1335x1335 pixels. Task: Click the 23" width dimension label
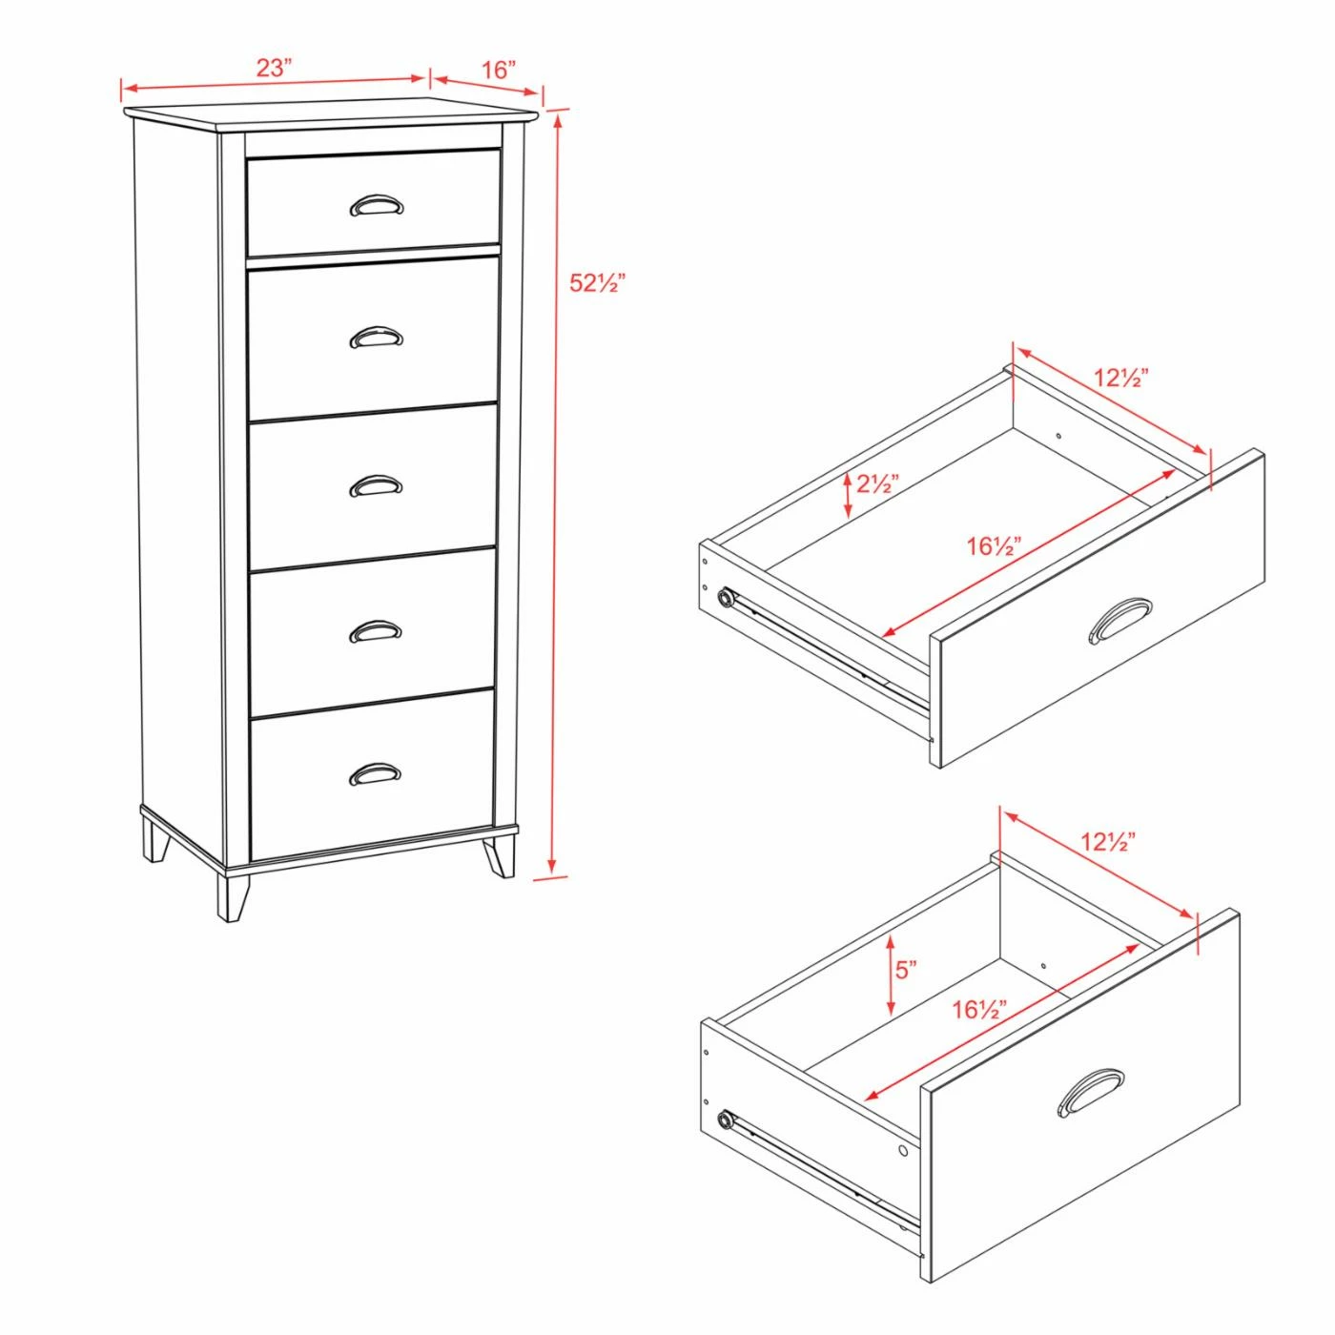click(275, 68)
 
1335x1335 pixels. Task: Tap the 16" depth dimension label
click(499, 70)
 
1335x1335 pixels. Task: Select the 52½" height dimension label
click(597, 282)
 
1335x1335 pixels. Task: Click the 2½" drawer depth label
click(877, 483)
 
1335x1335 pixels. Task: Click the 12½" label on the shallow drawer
click(1121, 378)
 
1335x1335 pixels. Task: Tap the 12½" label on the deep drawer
click(1108, 841)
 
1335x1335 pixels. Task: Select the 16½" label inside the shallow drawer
click(995, 546)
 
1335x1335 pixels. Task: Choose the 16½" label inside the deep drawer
click(979, 1010)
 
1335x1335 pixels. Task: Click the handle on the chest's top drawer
click(378, 205)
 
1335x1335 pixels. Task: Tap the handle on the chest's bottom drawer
click(375, 774)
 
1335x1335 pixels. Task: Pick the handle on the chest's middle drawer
click(376, 486)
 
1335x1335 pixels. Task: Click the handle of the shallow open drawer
click(1119, 621)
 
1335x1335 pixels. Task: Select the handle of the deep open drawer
click(1091, 1094)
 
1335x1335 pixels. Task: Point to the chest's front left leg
click(234, 896)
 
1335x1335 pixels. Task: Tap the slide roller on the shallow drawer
click(726, 597)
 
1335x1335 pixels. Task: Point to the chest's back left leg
click(154, 840)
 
